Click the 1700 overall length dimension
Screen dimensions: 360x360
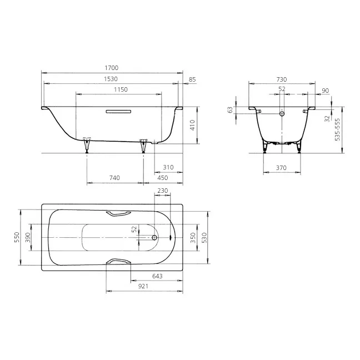(112, 68)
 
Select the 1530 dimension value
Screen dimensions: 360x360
(111, 79)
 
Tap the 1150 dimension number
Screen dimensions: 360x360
(121, 89)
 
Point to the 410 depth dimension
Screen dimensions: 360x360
(192, 125)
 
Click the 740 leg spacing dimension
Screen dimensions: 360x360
(114, 178)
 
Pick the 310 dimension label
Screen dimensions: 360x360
(168, 167)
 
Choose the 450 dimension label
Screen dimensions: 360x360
(163, 178)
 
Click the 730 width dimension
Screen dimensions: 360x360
(282, 79)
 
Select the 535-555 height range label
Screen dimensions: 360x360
(337, 129)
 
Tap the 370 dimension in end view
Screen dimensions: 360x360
(281, 168)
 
